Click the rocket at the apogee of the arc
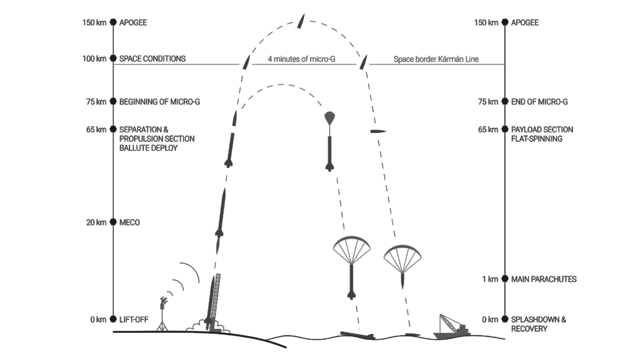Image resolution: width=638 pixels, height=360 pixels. pyautogui.click(x=301, y=22)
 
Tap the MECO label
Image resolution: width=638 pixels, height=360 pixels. pyautogui.click(x=129, y=222)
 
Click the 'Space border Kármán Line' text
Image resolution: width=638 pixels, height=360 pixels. pyautogui.click(x=436, y=59)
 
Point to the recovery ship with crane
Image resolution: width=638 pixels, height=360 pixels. pyautogui.click(x=451, y=327)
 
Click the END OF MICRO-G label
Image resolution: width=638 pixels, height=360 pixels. pyautogui.click(x=539, y=102)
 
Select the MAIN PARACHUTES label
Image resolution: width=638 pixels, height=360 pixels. pyautogui.click(x=543, y=279)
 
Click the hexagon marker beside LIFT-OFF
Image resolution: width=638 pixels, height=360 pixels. pyautogui.click(x=113, y=319)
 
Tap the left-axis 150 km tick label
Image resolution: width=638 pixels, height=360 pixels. pyautogui.click(x=94, y=23)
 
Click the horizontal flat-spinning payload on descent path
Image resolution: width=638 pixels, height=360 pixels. pyautogui.click(x=378, y=131)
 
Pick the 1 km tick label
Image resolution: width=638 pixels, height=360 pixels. pyautogui.click(x=490, y=279)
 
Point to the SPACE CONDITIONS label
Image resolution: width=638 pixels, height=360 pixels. pyautogui.click(x=152, y=58)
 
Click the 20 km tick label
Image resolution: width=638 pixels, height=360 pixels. pyautogui.click(x=96, y=222)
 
